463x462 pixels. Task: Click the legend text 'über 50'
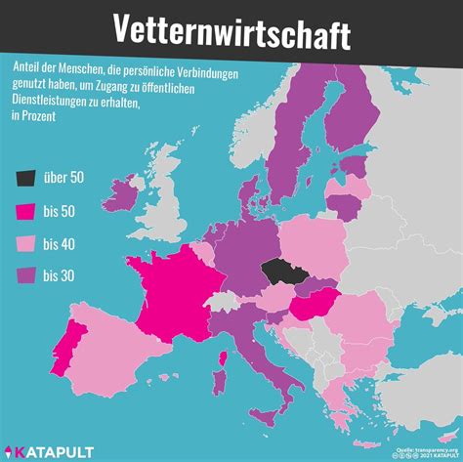(64, 177)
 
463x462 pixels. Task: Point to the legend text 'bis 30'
(62, 276)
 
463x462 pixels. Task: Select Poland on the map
(315, 244)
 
